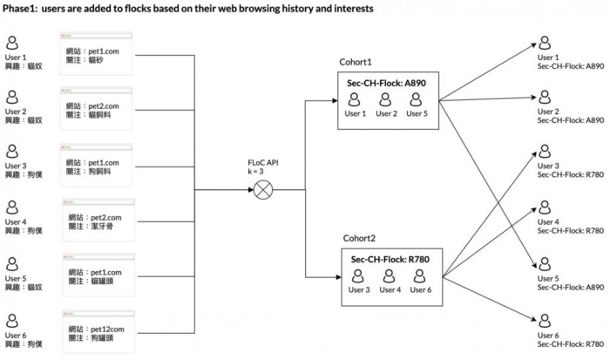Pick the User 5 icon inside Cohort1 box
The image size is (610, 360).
point(418,100)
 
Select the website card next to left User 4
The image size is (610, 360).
point(98,216)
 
